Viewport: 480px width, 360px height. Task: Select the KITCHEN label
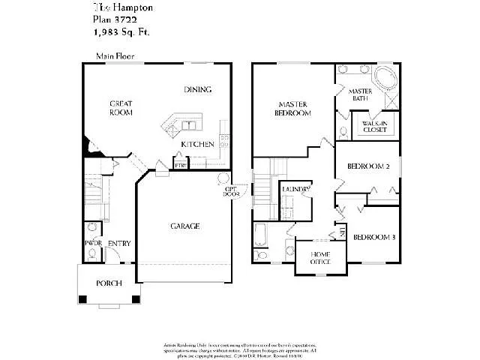(x=198, y=144)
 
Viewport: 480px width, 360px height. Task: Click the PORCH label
(x=108, y=283)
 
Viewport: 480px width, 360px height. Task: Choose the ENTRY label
(x=118, y=243)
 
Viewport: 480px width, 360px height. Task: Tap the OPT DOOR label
(x=231, y=191)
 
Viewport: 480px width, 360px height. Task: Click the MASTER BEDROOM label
(x=294, y=109)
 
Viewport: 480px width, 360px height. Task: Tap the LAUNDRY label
(x=296, y=190)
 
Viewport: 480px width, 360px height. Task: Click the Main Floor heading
(x=114, y=56)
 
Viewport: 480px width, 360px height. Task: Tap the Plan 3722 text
(x=115, y=21)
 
